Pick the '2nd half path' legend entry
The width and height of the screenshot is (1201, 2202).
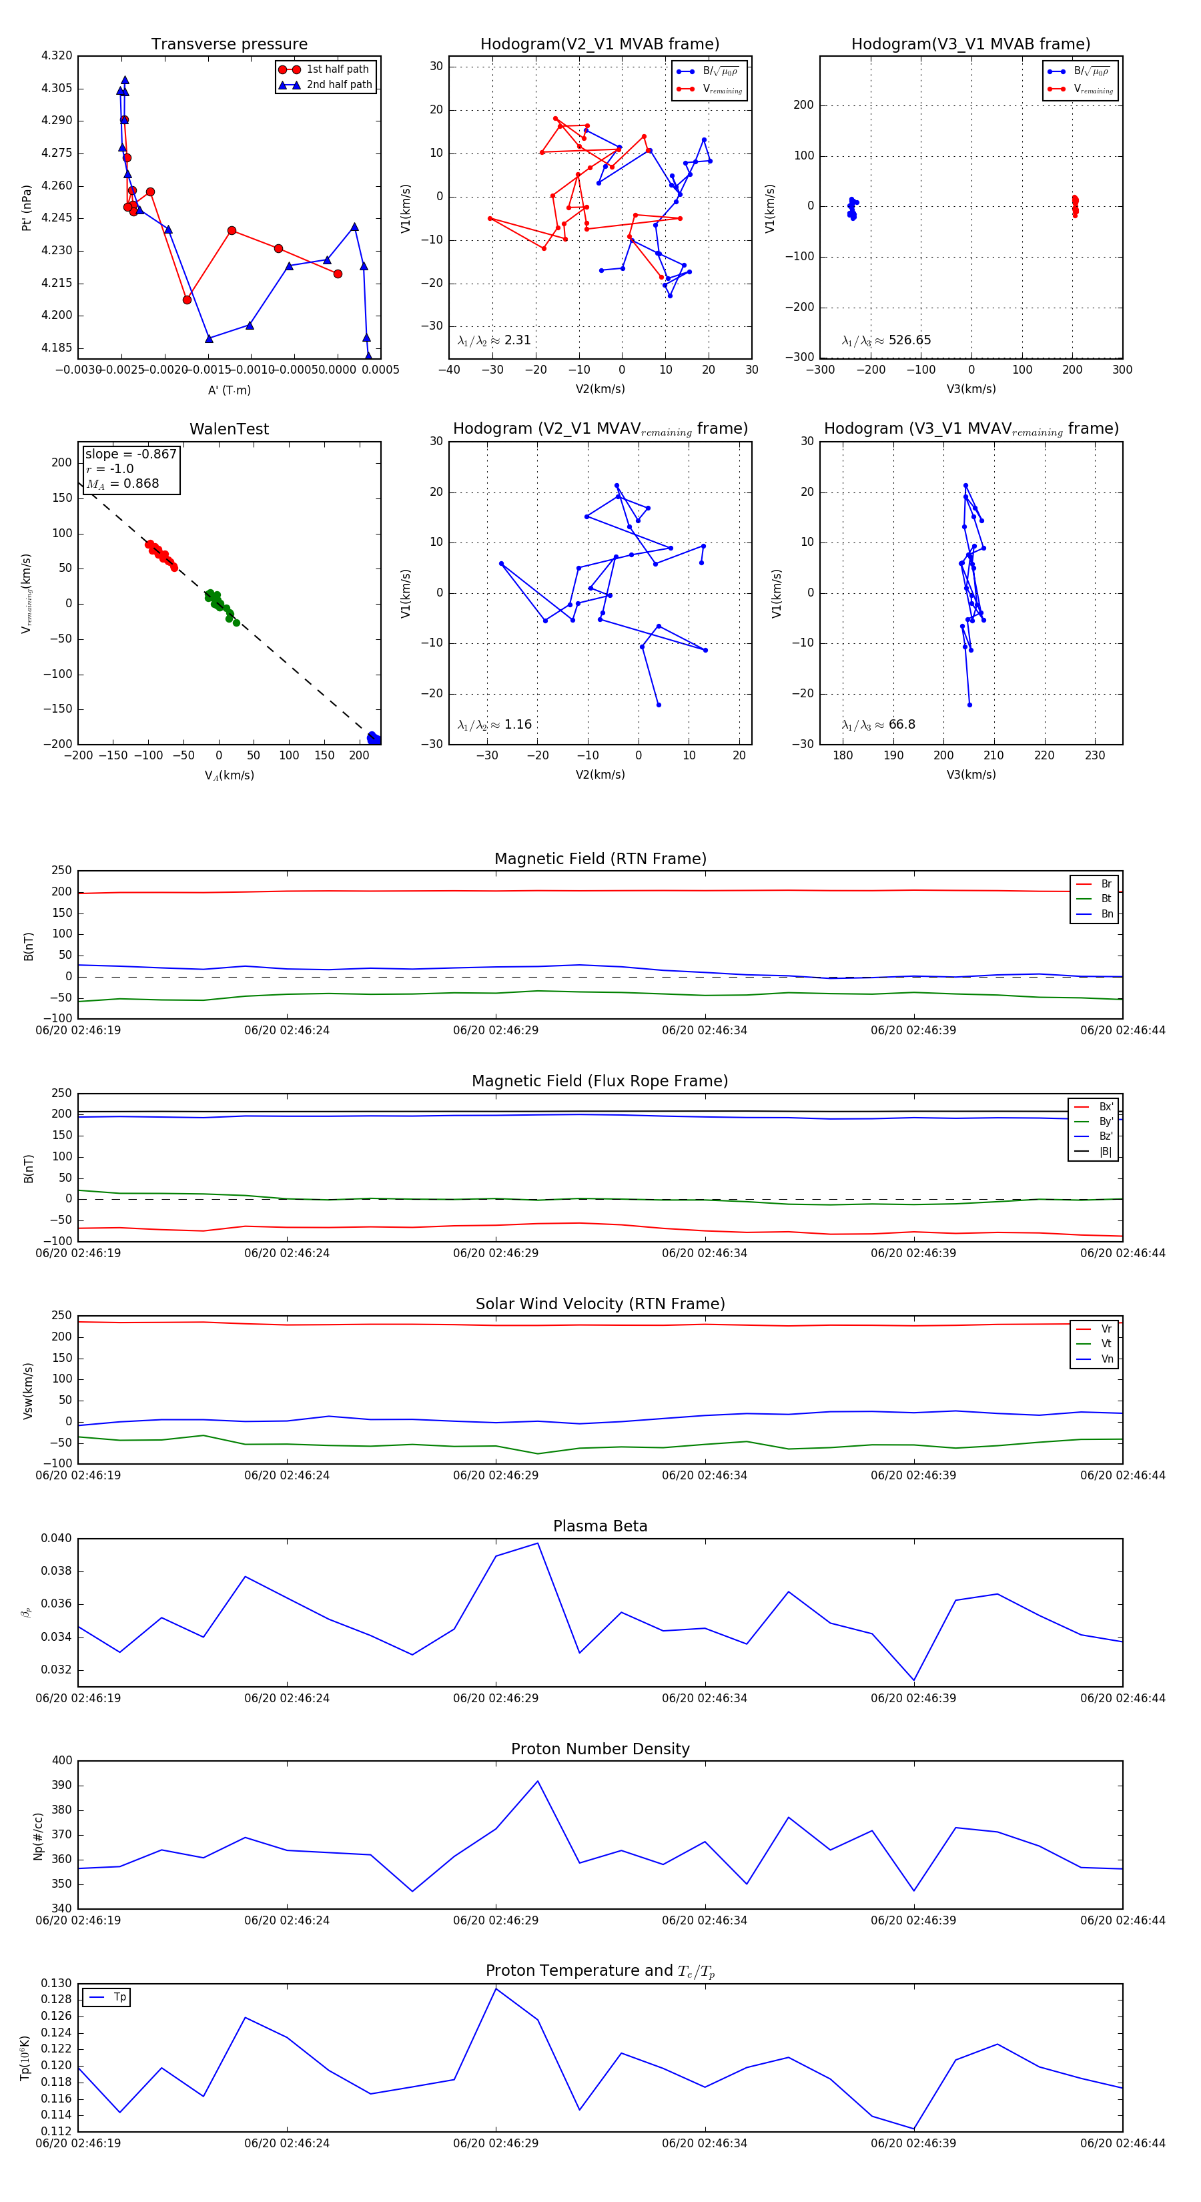pyautogui.click(x=338, y=85)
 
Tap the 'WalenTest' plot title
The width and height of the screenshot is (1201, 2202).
pyautogui.click(x=229, y=429)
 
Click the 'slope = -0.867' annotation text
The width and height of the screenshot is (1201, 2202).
pyautogui.click(x=130, y=454)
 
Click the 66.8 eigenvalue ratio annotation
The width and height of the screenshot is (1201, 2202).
pyautogui.click(x=879, y=725)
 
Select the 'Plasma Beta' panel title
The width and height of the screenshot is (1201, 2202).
pyautogui.click(x=600, y=1526)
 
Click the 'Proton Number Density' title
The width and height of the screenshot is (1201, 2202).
pyautogui.click(x=600, y=1749)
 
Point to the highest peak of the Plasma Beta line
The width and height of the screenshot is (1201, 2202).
pyautogui.click(x=538, y=1543)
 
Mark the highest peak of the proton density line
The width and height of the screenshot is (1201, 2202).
pyautogui.click(x=538, y=1782)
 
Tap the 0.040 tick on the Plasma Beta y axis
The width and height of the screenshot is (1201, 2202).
pyautogui.click(x=57, y=1539)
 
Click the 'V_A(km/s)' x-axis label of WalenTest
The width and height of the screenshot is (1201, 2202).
pyautogui.click(x=229, y=775)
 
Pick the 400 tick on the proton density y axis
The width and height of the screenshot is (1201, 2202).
pyautogui.click(x=61, y=1761)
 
